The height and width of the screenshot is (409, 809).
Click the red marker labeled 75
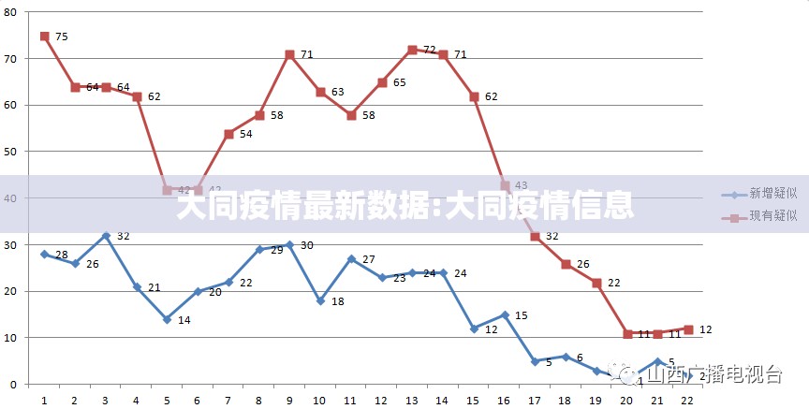[44, 37]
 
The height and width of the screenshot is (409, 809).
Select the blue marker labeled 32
[106, 236]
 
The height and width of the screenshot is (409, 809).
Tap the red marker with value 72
[412, 50]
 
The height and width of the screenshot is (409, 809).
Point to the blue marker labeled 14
[167, 319]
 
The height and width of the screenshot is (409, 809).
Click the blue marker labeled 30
[289, 245]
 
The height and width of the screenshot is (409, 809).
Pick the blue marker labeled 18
[320, 300]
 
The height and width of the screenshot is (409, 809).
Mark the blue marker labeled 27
[351, 258]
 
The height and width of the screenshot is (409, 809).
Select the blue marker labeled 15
[505, 314]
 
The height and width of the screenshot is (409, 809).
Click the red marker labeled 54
[228, 134]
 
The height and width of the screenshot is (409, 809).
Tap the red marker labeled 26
[566, 264]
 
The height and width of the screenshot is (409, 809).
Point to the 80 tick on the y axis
[11, 12]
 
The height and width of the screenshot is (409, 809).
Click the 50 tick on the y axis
[11, 152]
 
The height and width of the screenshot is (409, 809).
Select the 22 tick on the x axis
[687, 399]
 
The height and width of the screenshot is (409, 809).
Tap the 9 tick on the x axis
[289, 399]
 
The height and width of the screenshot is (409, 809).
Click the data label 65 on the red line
[399, 83]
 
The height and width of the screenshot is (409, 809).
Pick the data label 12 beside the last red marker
[705, 329]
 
